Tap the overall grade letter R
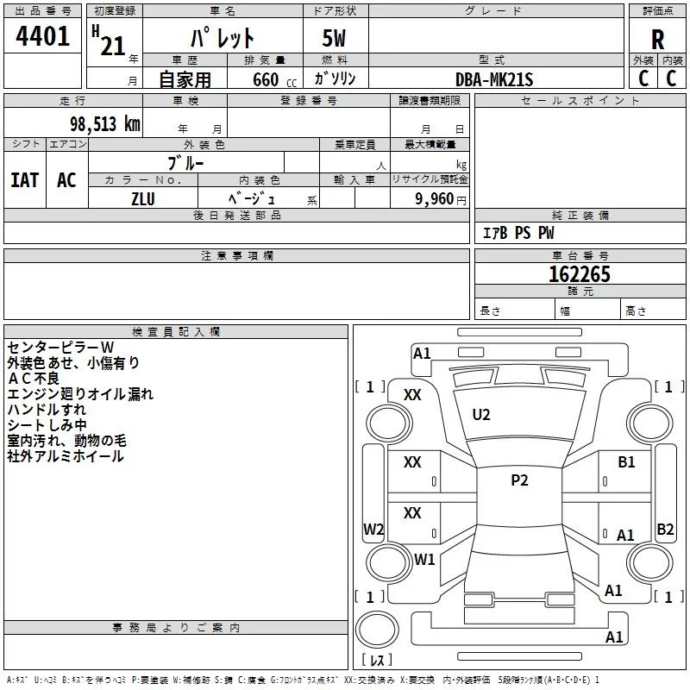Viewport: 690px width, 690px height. tap(657, 40)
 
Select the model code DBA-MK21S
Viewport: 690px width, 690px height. tap(494, 79)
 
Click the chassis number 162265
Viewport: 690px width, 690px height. tap(580, 274)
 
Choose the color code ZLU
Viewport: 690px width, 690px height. tap(143, 198)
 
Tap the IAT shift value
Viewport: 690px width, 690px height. tap(25, 180)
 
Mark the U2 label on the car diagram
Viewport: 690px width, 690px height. tap(481, 415)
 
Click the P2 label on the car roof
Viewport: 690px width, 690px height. tap(519, 481)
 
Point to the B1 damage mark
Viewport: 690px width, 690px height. tap(626, 462)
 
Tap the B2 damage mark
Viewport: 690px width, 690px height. tap(665, 530)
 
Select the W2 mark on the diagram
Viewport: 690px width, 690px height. tap(373, 530)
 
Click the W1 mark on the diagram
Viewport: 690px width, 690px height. tap(424, 559)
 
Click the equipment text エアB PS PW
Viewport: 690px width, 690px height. tap(518, 233)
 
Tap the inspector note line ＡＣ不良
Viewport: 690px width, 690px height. tap(34, 379)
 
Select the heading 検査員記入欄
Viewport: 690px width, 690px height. tap(176, 332)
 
